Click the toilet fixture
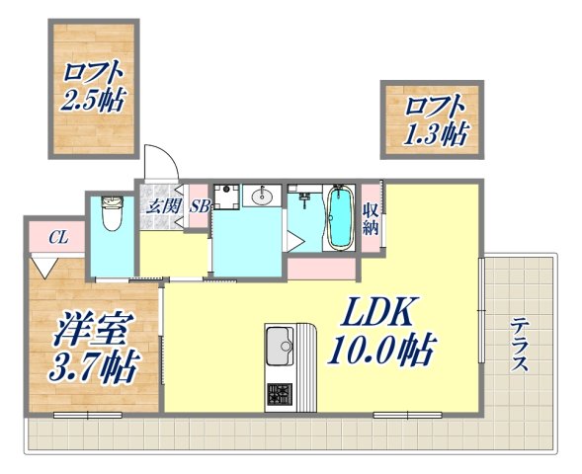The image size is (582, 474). [111, 212]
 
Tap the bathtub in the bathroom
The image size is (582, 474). [339, 218]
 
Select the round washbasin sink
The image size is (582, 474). [261, 197]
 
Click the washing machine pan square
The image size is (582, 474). [224, 195]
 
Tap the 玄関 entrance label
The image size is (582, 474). [162, 206]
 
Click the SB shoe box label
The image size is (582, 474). [198, 206]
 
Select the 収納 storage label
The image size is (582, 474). [371, 218]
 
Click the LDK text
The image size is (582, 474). [376, 315]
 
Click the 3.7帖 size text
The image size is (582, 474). [93, 367]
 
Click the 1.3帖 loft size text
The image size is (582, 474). [434, 133]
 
